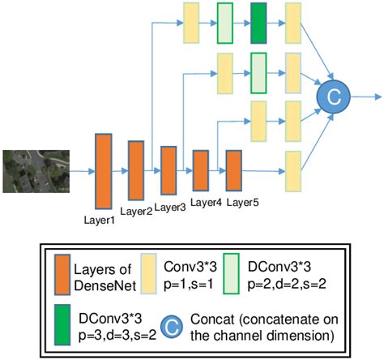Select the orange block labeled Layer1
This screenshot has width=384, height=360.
point(104,170)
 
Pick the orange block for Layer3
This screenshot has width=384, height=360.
point(169,170)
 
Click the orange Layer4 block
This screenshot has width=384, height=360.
point(201,170)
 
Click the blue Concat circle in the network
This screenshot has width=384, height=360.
point(333,97)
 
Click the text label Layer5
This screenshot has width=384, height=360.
point(243,202)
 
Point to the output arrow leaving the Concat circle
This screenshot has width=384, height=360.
point(363,97)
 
